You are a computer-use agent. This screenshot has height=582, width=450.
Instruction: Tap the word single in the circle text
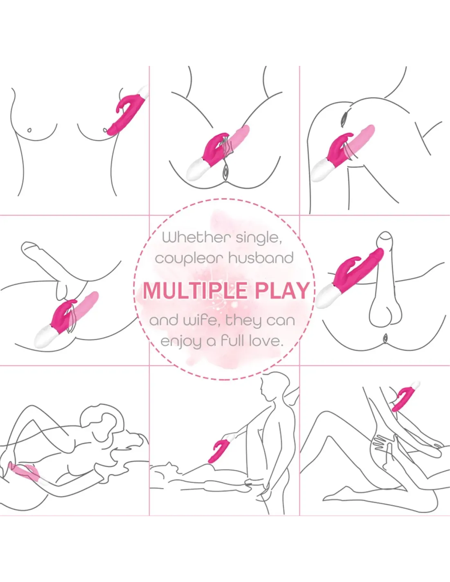click(259, 238)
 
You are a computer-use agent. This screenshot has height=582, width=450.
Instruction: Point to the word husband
click(261, 258)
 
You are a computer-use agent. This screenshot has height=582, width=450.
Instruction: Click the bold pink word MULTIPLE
click(195, 291)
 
